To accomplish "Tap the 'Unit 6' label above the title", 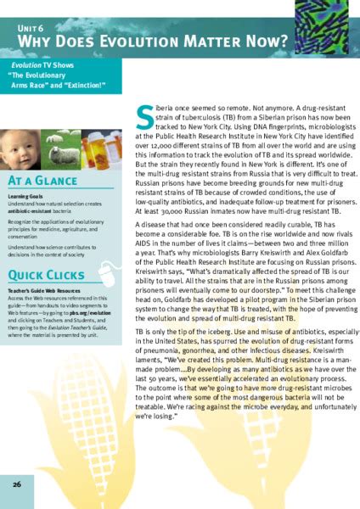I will tap(31, 26).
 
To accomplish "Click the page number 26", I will tap(17, 484).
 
